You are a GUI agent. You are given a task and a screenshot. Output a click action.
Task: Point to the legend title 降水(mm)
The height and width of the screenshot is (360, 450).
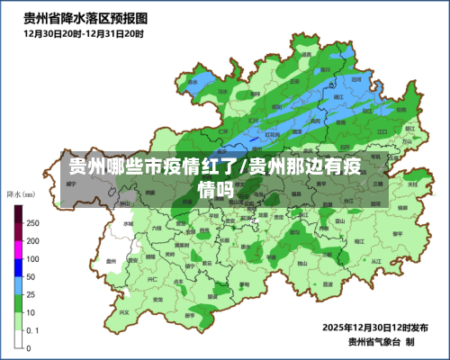21,193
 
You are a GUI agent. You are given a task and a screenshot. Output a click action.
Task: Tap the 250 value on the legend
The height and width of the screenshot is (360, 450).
32,222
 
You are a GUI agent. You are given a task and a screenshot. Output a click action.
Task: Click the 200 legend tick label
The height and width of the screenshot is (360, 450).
32,241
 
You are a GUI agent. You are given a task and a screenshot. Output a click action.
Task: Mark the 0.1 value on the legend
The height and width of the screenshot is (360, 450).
32,330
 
